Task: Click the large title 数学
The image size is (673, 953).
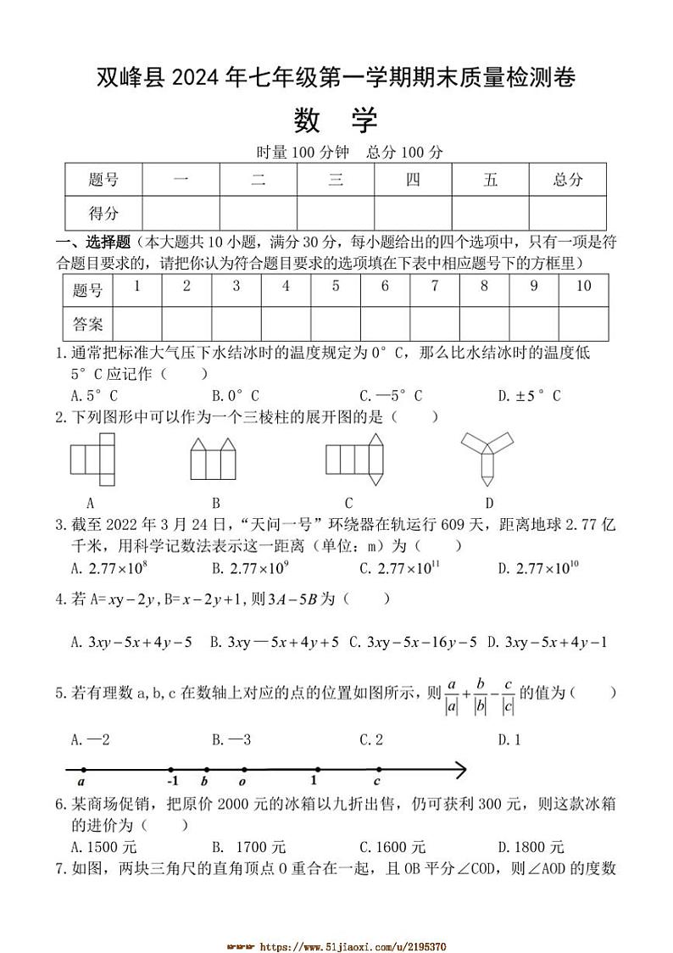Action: (x=336, y=121)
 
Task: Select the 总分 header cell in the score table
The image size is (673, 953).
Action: (x=568, y=180)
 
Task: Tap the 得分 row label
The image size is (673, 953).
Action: (x=103, y=213)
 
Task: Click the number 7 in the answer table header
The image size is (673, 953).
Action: (x=434, y=287)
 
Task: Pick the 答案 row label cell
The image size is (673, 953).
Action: (x=87, y=323)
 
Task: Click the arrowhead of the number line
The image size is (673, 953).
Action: (x=460, y=769)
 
